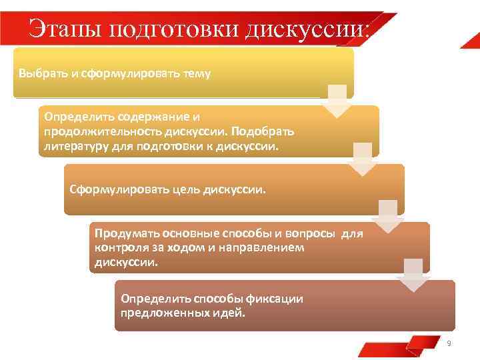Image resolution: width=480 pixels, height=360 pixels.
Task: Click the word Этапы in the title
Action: tap(61, 29)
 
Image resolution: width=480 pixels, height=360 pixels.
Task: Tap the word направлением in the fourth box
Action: tap(266, 247)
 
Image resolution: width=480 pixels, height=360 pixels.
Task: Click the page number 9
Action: tap(449, 343)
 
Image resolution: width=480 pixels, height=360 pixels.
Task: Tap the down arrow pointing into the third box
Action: tap(363, 159)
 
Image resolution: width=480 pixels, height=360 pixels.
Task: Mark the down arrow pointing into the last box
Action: tap(414, 275)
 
